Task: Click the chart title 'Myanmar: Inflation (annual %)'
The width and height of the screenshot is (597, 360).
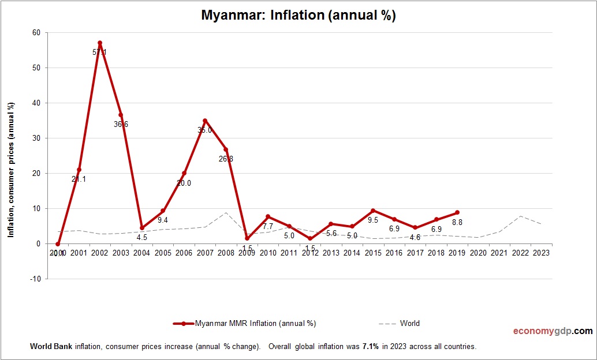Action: (298, 16)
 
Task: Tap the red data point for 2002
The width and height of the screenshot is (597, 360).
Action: (100, 43)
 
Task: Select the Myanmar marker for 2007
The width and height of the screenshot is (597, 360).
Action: (205, 121)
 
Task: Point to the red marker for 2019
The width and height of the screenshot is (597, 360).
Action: (457, 213)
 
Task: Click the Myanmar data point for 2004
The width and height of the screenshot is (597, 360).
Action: (142, 228)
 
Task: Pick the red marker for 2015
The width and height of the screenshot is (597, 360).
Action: (373, 211)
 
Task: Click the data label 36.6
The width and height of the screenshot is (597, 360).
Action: (121, 124)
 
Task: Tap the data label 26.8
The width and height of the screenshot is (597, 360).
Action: (226, 159)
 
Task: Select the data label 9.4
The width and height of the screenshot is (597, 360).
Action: (163, 220)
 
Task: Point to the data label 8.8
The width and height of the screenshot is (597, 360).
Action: (457, 222)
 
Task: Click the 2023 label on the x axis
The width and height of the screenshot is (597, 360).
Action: (542, 253)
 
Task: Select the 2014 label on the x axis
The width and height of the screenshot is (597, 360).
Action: (352, 253)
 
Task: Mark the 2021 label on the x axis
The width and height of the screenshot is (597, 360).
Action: (499, 253)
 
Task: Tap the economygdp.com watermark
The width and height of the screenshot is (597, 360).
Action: (553, 331)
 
